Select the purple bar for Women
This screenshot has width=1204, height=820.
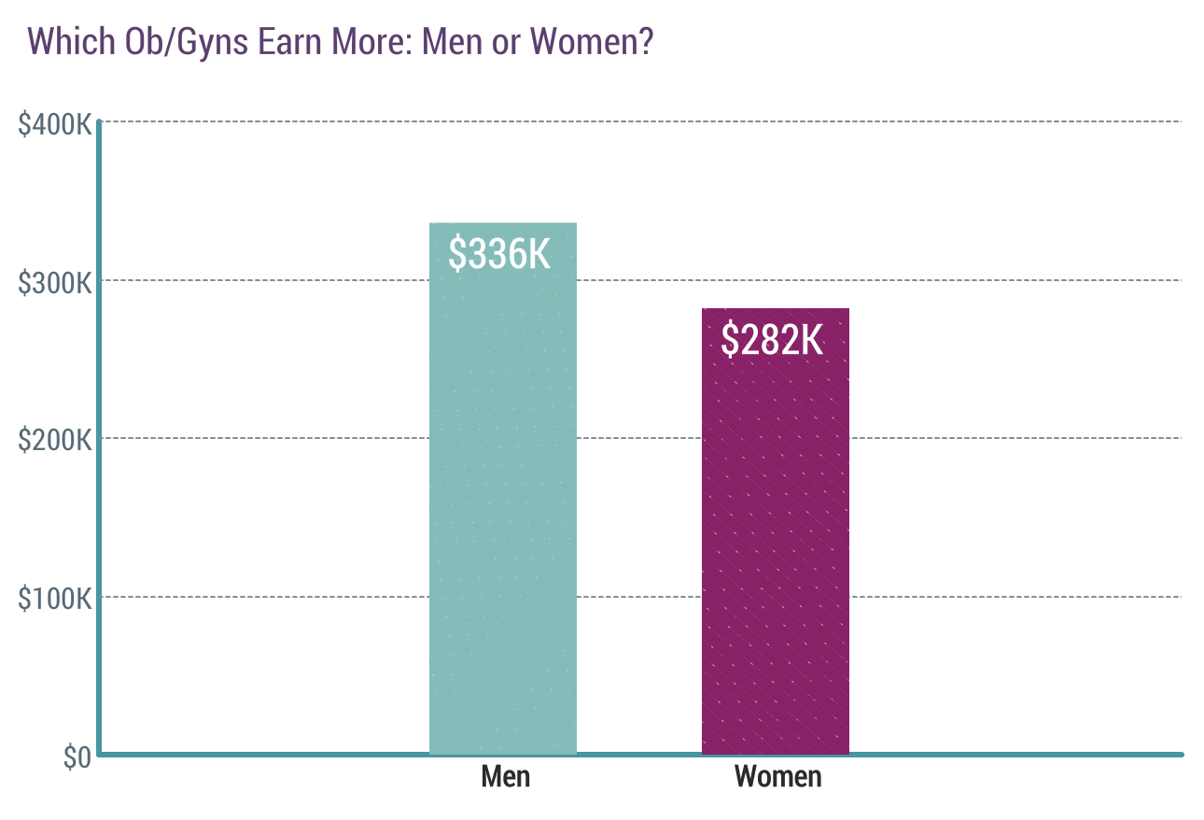pyautogui.click(x=775, y=542)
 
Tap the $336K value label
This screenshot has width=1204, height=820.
pyautogui.click(x=500, y=254)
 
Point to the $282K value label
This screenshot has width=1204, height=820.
pyautogui.click(x=772, y=340)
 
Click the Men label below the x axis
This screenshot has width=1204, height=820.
pyautogui.click(x=506, y=776)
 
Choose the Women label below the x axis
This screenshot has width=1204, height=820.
pyautogui.click(x=778, y=776)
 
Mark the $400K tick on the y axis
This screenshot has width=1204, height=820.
pyautogui.click(x=54, y=123)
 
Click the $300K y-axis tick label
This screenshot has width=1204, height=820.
pyautogui.click(x=54, y=282)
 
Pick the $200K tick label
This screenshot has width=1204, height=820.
pyautogui.click(x=54, y=440)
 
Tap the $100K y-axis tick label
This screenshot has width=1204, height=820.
pyautogui.click(x=54, y=599)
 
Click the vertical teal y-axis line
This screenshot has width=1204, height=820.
pyautogui.click(x=99, y=420)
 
